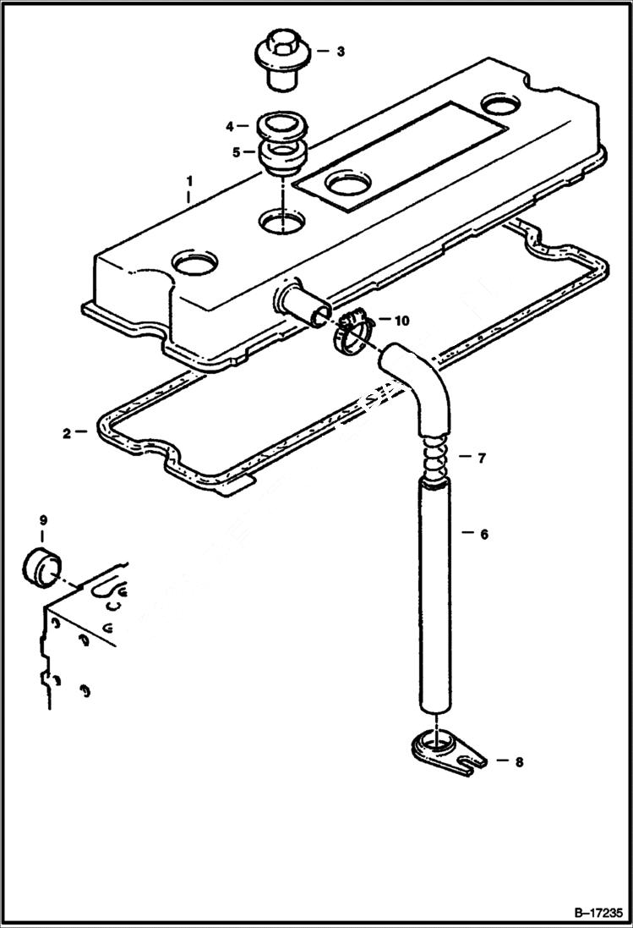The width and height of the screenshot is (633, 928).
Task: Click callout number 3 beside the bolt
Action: click(x=340, y=52)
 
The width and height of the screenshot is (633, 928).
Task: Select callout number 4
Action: click(x=228, y=126)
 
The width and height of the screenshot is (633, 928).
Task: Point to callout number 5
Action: click(x=237, y=152)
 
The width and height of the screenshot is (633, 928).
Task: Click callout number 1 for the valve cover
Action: click(x=189, y=181)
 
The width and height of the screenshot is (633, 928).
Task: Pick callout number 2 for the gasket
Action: click(x=67, y=433)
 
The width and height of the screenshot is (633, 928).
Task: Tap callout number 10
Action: click(x=401, y=321)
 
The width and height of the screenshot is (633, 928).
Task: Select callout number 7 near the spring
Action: click(x=481, y=459)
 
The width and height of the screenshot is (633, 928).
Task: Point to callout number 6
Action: click(x=484, y=535)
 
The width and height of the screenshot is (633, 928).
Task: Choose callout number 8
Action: click(x=519, y=762)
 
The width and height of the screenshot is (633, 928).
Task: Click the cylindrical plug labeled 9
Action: click(x=41, y=568)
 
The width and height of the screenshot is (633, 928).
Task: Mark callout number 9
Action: click(x=42, y=518)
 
